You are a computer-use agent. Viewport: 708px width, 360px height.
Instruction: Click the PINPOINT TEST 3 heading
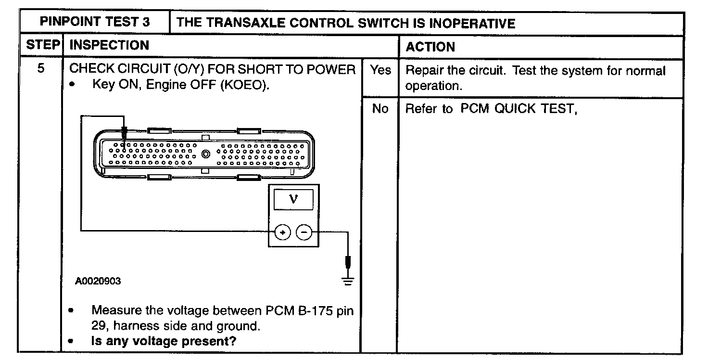point(94,23)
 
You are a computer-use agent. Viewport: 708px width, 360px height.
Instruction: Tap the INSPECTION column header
point(110,45)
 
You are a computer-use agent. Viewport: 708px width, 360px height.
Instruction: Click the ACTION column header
point(430,47)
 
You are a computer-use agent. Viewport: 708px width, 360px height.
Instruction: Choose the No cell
point(380,109)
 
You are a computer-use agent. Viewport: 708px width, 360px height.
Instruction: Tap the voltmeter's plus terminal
point(283,232)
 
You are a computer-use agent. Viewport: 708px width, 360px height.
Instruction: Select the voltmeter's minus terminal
point(304,232)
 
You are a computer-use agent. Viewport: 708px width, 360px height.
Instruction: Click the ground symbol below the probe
point(347,282)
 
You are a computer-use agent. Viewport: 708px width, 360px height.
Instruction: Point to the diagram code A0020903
point(98,281)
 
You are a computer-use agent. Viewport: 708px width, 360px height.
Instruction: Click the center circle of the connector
point(206,154)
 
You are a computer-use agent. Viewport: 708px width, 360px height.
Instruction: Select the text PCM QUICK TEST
point(518,109)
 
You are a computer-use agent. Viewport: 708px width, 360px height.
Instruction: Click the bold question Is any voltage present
point(165,341)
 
